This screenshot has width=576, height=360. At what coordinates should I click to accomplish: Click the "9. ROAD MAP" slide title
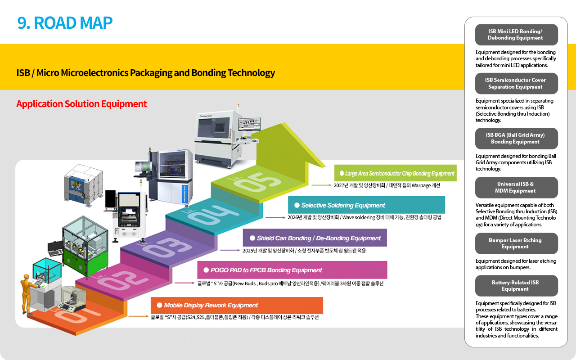(65, 23)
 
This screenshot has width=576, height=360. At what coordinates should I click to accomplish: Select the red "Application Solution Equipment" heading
(81, 104)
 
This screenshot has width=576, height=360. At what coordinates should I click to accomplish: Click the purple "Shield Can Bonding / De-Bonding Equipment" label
(315, 238)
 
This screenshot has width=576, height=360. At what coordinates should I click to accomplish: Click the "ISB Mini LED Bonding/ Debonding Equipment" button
(516, 35)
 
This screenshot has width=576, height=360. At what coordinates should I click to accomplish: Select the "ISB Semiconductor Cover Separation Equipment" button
(516, 84)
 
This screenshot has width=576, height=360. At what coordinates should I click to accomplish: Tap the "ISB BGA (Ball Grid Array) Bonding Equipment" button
(516, 139)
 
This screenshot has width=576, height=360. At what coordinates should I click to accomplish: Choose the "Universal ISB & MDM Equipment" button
(516, 188)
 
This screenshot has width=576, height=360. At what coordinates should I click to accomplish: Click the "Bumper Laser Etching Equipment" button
(516, 243)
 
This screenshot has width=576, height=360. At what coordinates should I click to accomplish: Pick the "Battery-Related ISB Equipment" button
(516, 286)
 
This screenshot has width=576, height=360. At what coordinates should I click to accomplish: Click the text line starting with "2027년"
(387, 185)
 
